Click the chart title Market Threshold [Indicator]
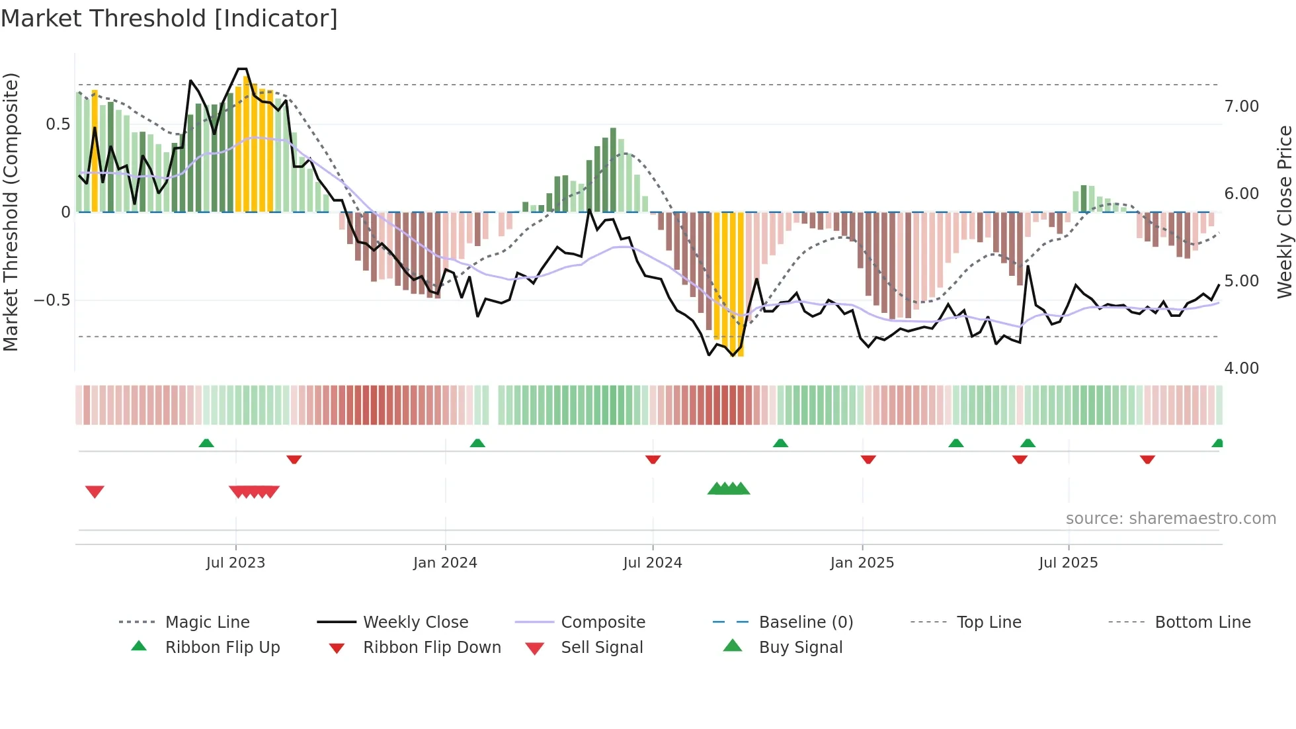(169, 19)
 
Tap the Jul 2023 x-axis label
(235, 563)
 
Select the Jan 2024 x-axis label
(445, 563)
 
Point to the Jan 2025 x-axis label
(862, 563)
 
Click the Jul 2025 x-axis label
(1068, 563)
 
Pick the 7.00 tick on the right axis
(1241, 107)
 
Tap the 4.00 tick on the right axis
(1241, 368)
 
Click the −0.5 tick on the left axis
(52, 300)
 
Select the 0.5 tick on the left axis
(58, 124)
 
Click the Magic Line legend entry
(207, 622)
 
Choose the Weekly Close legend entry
(415, 622)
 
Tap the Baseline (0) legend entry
(805, 622)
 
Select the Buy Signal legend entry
(800, 648)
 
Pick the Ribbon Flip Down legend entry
(431, 648)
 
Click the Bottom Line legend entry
(1202, 622)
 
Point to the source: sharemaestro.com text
(1170, 519)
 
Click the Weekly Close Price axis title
(1284, 212)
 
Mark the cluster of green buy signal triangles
(729, 489)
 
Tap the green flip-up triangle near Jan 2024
(477, 443)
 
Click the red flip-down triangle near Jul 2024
(653, 459)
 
